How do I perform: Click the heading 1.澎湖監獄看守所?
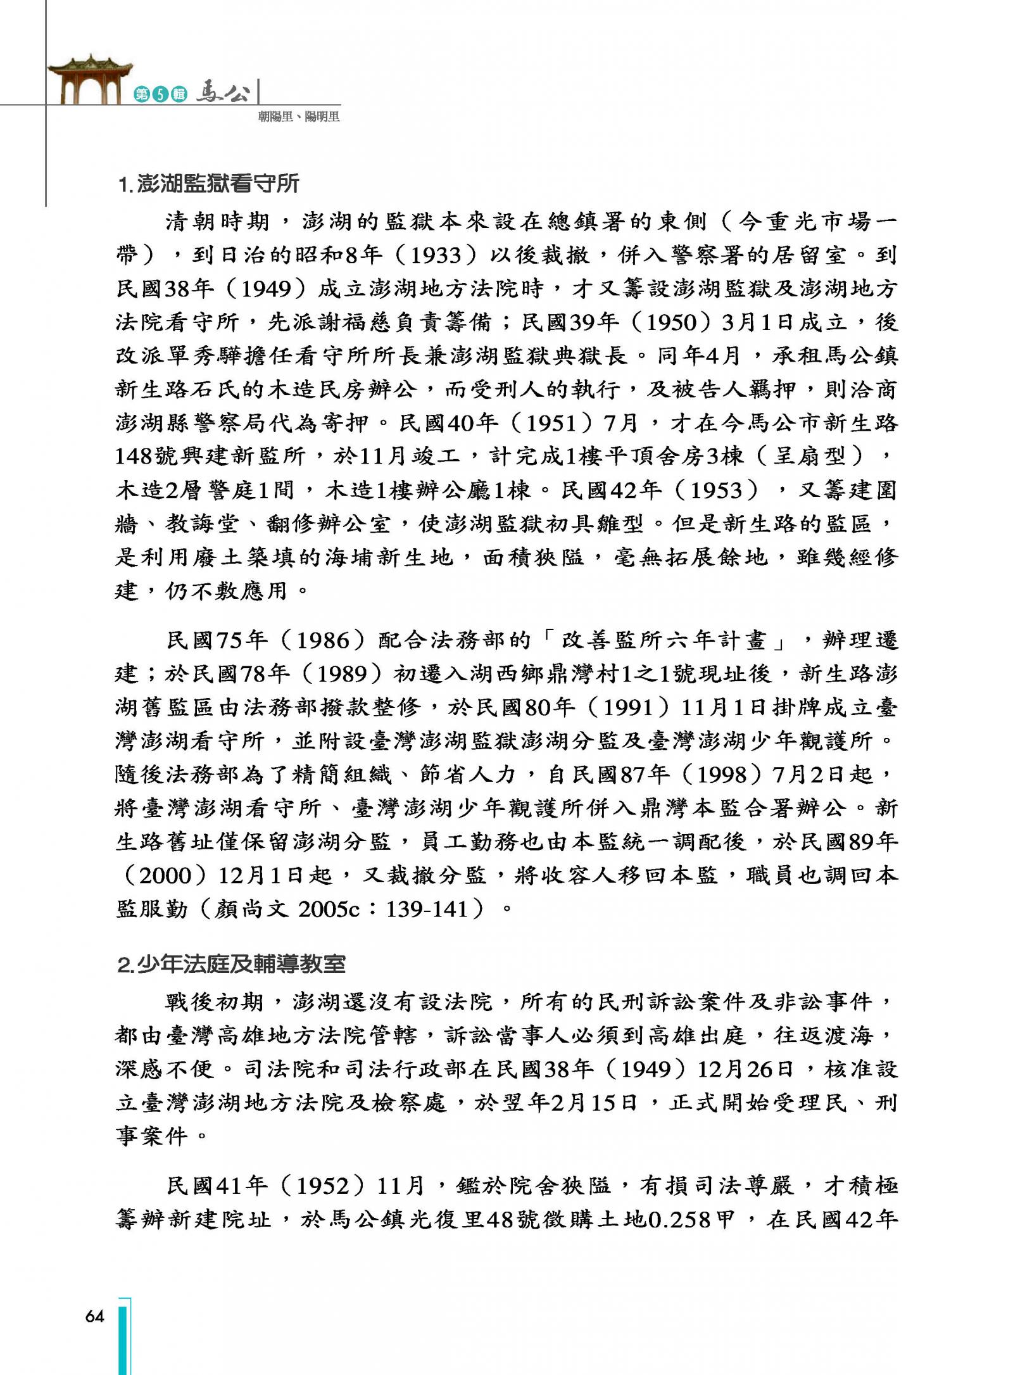208,184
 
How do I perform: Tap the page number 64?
94,1316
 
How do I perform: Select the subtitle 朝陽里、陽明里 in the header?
298,117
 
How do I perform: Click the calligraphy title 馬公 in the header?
222,92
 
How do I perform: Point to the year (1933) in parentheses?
436,255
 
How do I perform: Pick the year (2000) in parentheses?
165,875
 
